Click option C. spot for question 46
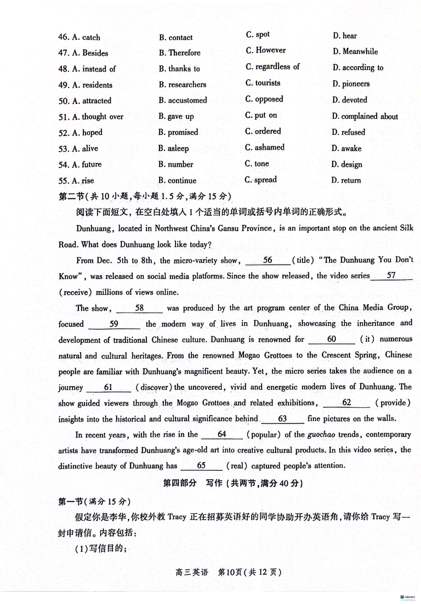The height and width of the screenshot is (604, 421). tap(258, 35)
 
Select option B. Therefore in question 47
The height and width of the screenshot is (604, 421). tap(180, 53)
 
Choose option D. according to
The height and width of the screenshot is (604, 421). tap(358, 68)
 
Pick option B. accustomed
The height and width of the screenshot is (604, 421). tap(183, 100)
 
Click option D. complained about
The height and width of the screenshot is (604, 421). tap(365, 116)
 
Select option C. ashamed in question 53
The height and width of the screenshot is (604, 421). tap(265, 148)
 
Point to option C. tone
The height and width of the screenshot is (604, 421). tap(257, 164)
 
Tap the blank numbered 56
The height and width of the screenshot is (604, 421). tap(268, 260)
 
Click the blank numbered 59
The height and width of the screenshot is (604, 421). tap(114, 324)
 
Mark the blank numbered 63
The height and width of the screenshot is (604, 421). tap(282, 419)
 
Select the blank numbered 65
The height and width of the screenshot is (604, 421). tap(201, 466)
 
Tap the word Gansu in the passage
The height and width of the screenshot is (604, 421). tap(228, 228)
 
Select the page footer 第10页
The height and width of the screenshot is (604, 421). tap(230, 572)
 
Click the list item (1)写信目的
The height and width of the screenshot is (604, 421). tap(101, 549)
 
